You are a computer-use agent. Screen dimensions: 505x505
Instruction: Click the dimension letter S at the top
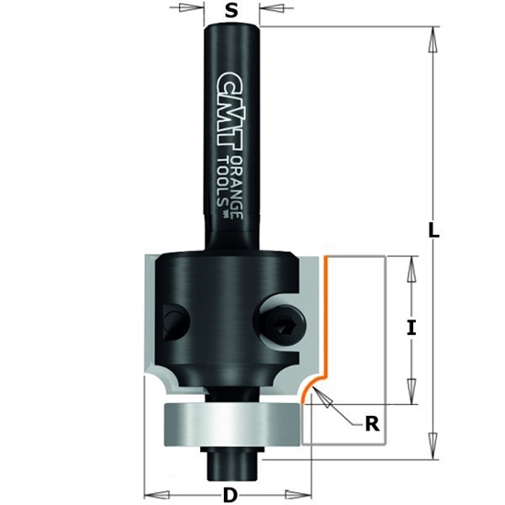(231, 12)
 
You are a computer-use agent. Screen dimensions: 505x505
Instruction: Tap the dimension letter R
(371, 423)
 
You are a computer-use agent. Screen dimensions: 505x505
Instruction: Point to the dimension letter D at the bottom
(230, 494)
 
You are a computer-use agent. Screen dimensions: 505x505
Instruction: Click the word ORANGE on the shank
(237, 187)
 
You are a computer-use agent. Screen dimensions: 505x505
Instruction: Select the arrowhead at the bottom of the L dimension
(430, 449)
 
